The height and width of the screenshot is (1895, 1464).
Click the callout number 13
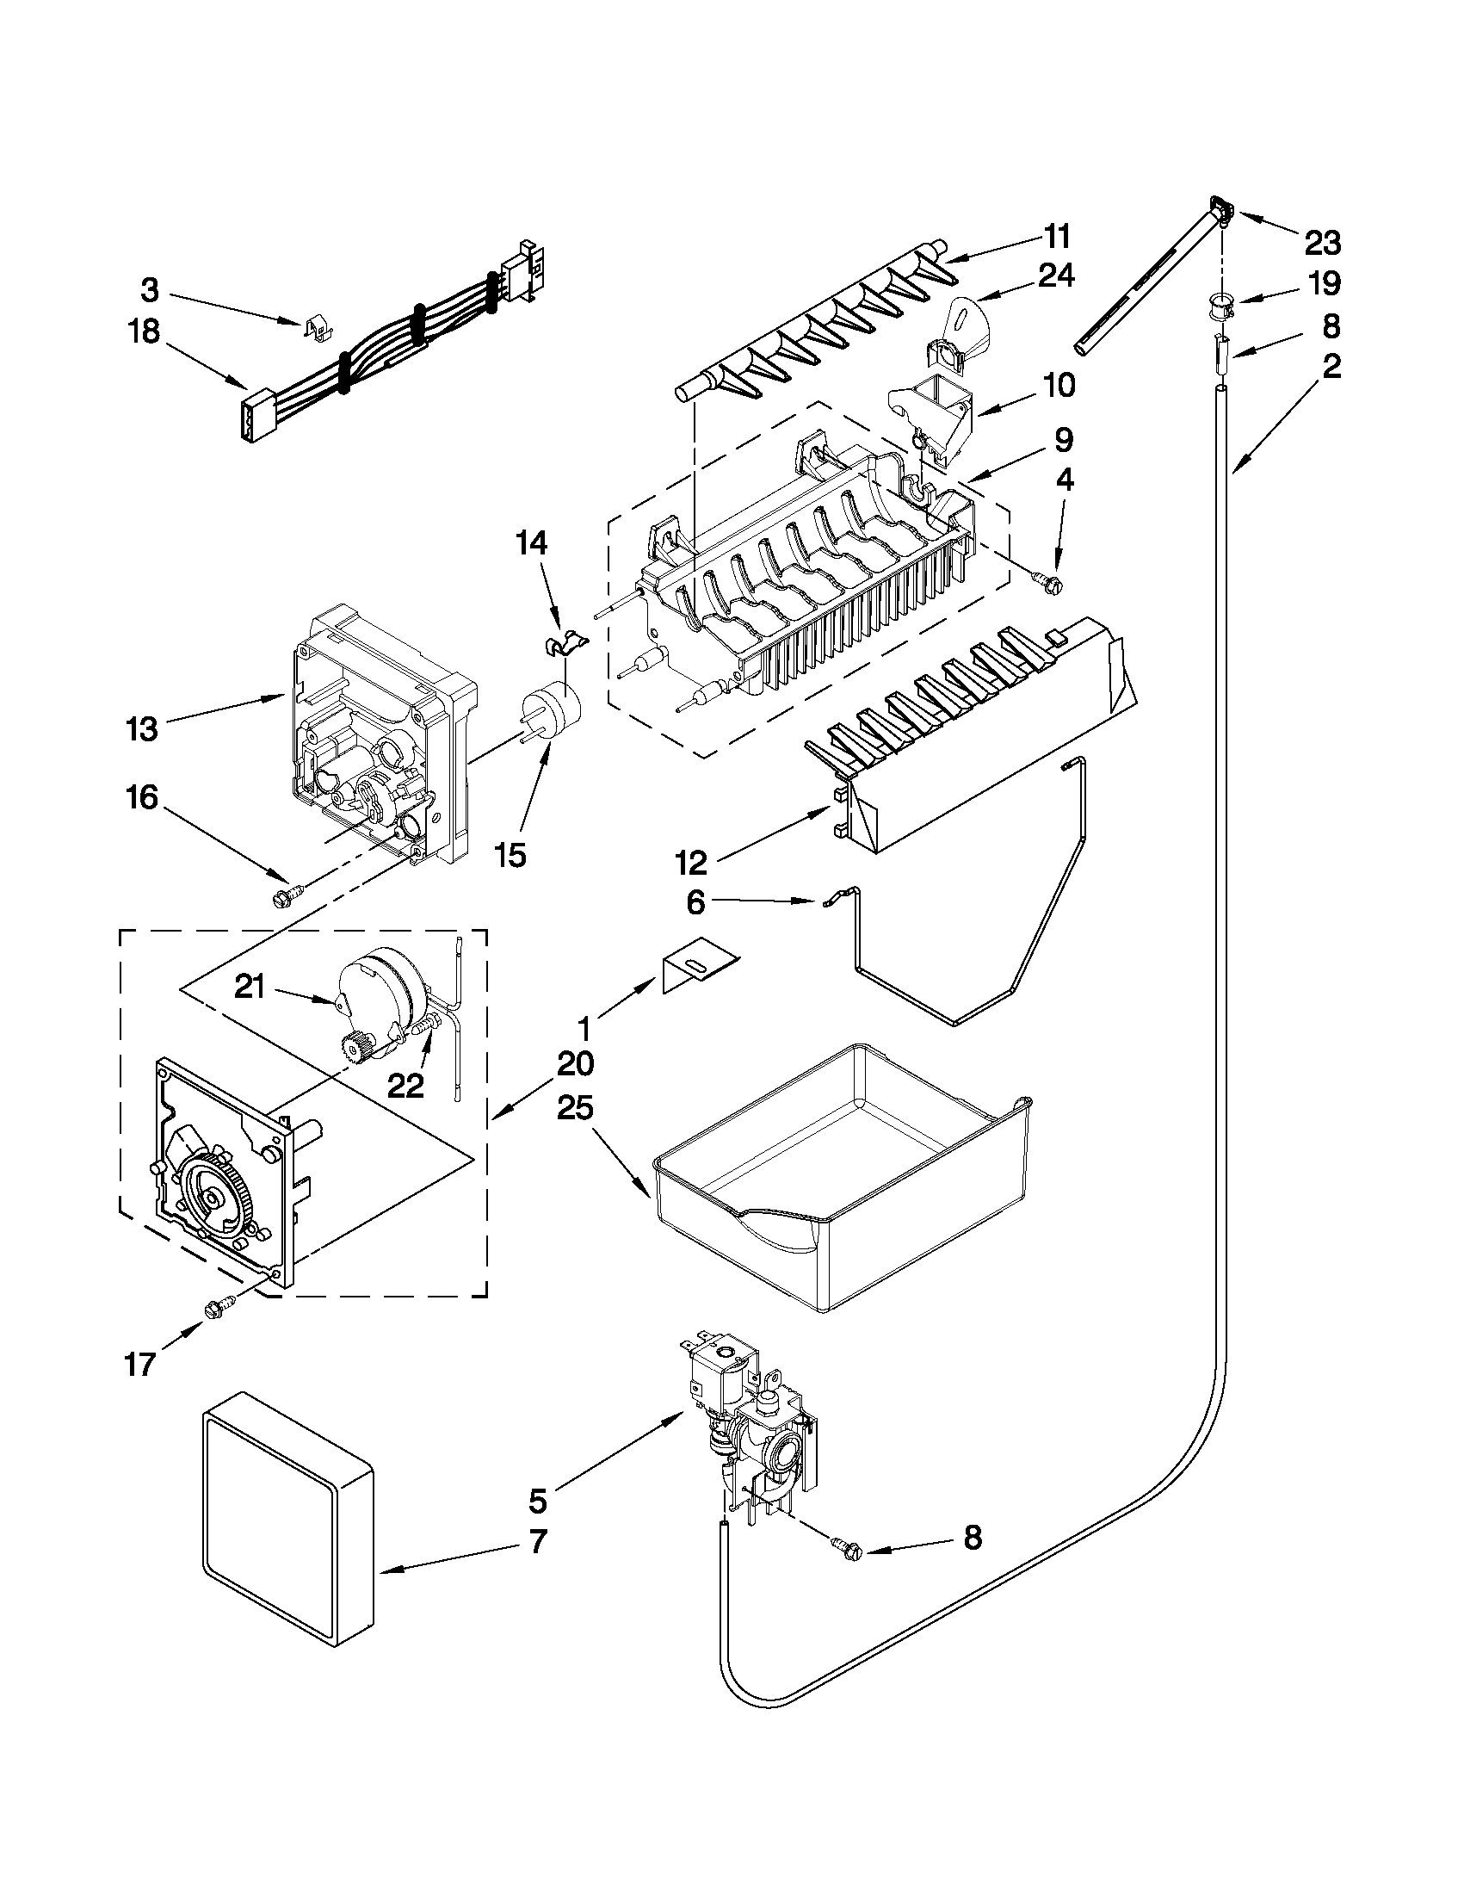140,728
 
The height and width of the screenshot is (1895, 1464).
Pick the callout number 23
1322,244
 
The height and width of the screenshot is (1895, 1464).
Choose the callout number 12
692,863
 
